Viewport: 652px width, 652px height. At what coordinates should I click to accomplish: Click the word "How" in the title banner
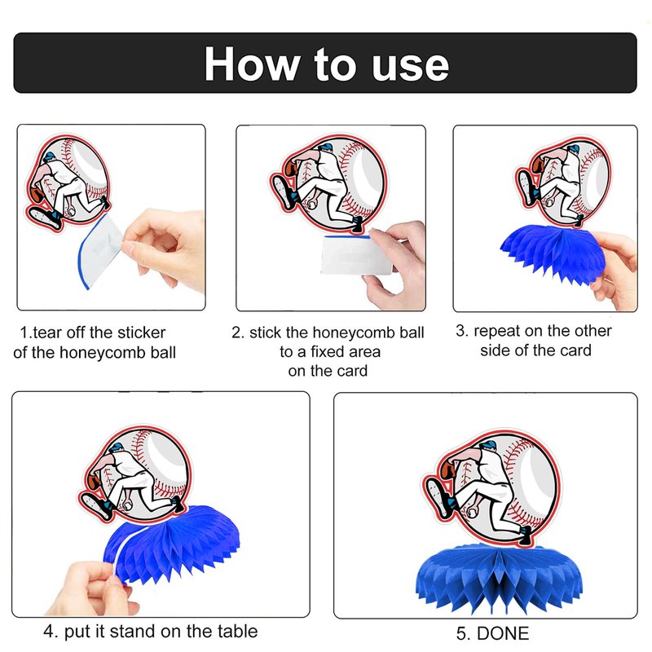tap(253, 64)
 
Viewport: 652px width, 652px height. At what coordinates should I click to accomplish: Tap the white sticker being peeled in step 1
tap(99, 251)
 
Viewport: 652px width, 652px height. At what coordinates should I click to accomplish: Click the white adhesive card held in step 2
tap(356, 254)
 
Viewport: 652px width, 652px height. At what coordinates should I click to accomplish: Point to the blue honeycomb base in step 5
tap(500, 577)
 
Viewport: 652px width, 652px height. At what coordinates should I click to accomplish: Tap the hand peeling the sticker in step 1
tap(166, 249)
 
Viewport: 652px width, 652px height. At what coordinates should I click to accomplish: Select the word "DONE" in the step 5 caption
tap(503, 633)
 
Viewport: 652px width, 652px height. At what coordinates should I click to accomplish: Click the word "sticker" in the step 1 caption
tap(141, 333)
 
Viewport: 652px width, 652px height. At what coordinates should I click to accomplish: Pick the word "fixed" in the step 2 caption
tap(329, 352)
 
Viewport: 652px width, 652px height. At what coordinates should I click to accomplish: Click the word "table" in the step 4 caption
tap(236, 631)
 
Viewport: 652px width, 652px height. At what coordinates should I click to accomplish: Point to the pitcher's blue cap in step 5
tap(487, 445)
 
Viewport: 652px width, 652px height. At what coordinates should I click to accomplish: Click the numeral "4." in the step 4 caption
tap(51, 631)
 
